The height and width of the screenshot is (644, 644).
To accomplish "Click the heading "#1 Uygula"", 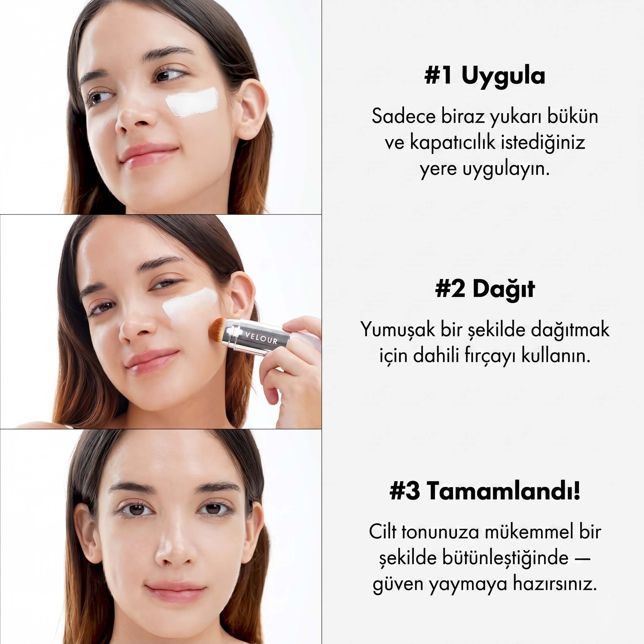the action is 485,76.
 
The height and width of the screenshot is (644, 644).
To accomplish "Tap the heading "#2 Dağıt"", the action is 485,289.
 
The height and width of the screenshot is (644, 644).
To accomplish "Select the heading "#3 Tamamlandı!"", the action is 485,491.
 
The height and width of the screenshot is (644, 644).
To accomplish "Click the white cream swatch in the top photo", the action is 192,102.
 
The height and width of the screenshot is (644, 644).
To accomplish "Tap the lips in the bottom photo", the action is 176,592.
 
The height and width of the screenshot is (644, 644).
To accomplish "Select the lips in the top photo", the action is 148,155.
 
